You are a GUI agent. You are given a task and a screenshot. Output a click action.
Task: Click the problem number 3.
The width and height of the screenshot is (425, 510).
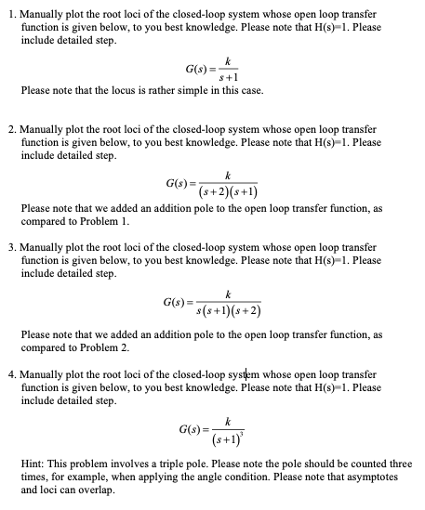pyautogui.click(x=7, y=247)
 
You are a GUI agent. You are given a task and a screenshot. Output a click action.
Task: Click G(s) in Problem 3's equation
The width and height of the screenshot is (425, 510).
pyautogui.click(x=176, y=300)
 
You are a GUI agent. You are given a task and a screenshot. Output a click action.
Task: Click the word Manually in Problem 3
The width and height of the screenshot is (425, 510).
pyautogui.click(x=42, y=247)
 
